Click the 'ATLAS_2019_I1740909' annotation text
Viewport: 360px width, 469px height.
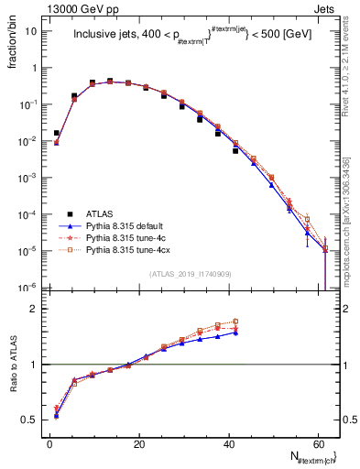click(x=189, y=275)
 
